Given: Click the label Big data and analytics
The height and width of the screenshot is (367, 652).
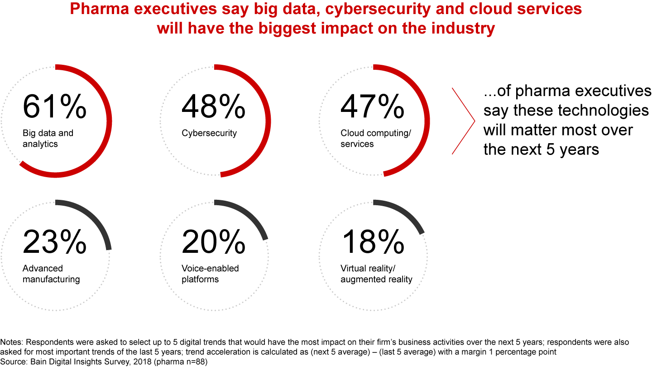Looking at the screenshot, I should point(48,138).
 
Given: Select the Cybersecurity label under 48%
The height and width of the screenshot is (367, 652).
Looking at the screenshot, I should point(209,133).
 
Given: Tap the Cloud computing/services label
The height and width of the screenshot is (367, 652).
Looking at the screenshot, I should point(375,138).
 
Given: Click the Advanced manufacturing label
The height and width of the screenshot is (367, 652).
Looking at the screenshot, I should point(51,274).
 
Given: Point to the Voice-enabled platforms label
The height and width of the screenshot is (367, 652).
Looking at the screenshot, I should point(210,274).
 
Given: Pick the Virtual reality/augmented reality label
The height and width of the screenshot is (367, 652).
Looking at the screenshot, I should point(376,274).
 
